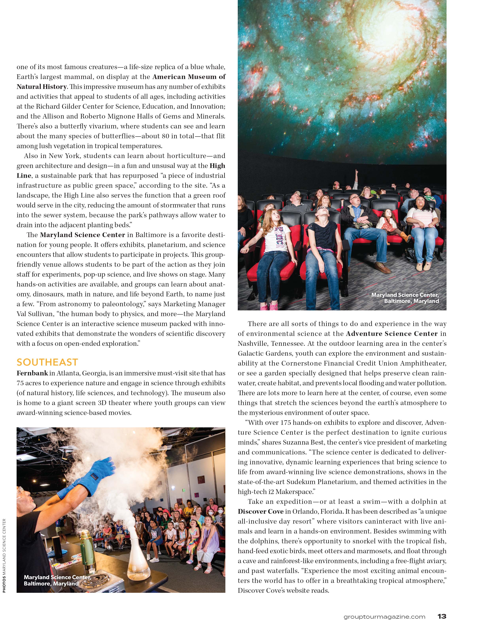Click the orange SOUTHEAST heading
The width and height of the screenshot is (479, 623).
click(47, 362)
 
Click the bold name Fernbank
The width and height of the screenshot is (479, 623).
click(32, 373)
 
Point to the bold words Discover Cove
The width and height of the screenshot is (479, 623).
click(261, 511)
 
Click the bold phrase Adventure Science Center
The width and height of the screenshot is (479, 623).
click(392, 334)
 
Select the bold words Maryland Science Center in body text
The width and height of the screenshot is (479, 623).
click(82, 235)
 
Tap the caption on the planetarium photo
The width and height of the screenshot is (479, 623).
click(405, 298)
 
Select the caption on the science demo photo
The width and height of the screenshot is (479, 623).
click(57, 580)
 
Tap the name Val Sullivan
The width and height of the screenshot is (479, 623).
click(35, 314)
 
